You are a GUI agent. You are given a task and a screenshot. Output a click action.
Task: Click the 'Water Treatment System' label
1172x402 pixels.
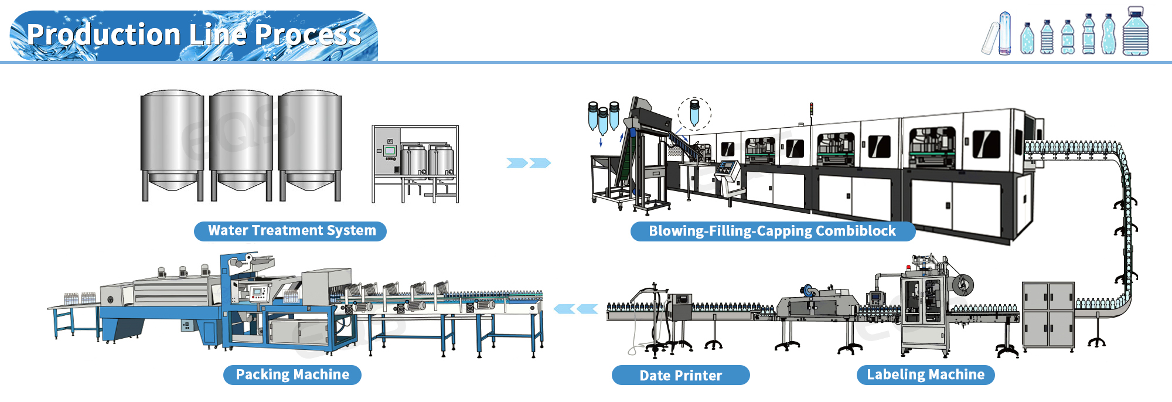click(x=291, y=231)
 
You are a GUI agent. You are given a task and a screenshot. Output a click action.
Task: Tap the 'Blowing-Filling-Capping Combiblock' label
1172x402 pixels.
click(x=772, y=231)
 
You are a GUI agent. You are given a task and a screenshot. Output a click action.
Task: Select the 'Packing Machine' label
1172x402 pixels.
click(x=292, y=375)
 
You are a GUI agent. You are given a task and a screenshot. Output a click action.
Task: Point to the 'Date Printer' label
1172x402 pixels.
click(x=680, y=376)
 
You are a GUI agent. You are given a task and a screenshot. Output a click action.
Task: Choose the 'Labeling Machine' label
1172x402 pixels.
click(x=925, y=375)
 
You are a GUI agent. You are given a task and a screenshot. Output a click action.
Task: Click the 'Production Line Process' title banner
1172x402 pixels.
click(x=193, y=35)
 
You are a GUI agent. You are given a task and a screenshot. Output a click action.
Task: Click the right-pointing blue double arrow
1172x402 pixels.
click(x=529, y=163)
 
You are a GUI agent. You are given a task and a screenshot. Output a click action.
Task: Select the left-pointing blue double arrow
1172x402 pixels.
click(x=576, y=309)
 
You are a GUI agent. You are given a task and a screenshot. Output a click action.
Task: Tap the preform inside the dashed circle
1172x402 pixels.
click(x=694, y=113)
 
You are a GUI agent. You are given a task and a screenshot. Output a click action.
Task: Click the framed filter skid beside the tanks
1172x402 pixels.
click(x=415, y=163)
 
